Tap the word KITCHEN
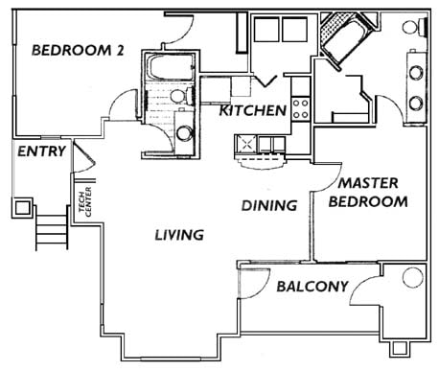tap(253, 111)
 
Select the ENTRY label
tap(41, 151)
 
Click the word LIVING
tap(179, 234)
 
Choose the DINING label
tap(268, 204)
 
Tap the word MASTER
tap(362, 182)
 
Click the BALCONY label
tap(311, 287)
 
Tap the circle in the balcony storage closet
tap(412, 279)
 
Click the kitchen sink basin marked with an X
tap(247, 145)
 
